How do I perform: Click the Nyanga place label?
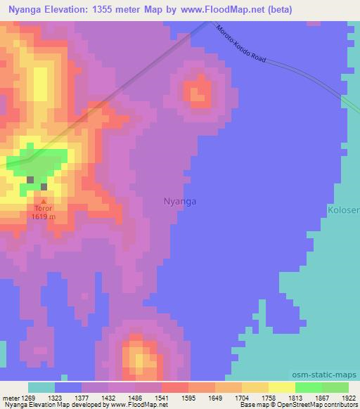point(180,201)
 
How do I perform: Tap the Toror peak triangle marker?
point(43,201)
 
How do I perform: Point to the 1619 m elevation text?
point(43,216)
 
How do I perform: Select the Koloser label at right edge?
point(344,209)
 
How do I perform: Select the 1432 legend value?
point(108,397)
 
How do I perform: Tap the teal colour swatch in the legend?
point(41,387)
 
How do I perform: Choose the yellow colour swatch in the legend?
point(281,387)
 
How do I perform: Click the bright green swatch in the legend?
point(308,387)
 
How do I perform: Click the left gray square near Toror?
point(30,179)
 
